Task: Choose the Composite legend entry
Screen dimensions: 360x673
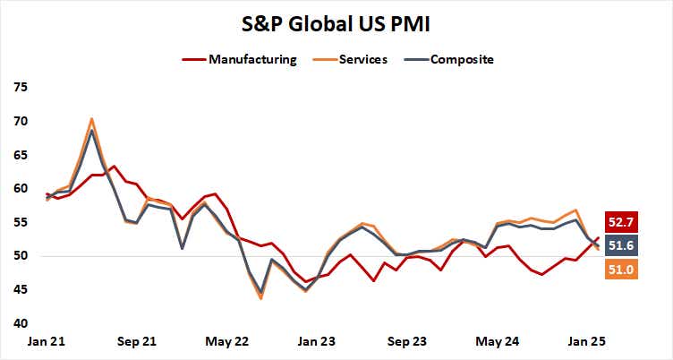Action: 461,60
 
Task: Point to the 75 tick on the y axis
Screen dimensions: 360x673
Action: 21,88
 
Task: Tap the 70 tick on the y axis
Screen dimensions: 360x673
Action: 21,122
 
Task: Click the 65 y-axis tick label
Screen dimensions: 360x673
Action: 21,155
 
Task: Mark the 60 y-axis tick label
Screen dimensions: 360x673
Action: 21,189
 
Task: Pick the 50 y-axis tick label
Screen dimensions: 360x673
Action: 21,256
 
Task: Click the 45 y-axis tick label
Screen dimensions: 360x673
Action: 21,290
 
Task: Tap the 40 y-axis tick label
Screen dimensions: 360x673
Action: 21,323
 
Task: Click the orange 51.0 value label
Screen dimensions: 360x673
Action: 619,268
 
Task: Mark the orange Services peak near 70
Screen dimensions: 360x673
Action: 91,118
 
